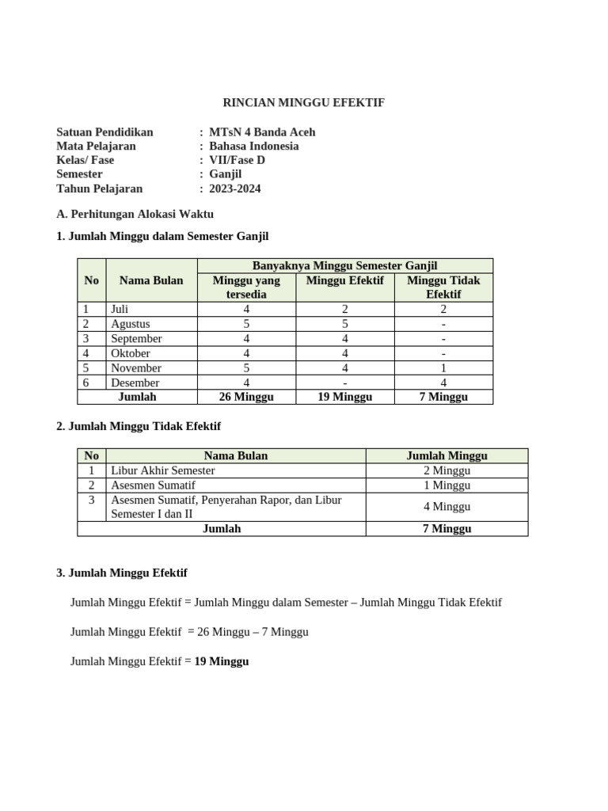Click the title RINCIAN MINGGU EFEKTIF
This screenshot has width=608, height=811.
[x=303, y=103]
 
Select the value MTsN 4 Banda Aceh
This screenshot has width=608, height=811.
[x=261, y=131]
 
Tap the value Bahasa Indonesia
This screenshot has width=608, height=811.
[x=253, y=146]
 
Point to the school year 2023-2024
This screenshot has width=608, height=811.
[x=234, y=188]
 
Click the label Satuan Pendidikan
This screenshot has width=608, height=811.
[x=105, y=131]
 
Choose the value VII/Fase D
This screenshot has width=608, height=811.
[x=237, y=160]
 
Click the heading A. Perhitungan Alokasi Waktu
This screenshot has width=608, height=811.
[x=135, y=214]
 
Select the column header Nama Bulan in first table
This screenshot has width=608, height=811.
[x=151, y=280]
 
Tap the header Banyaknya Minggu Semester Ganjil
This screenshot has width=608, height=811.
[x=344, y=265]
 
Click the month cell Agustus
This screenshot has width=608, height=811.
[x=131, y=324]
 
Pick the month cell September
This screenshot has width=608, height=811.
[x=136, y=338]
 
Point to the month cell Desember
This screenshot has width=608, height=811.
[x=135, y=383]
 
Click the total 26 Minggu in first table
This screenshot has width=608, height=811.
[x=246, y=397]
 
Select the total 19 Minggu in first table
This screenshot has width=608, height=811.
[x=344, y=397]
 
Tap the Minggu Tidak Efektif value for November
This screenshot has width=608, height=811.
[x=443, y=367]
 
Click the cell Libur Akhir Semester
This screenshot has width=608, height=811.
[x=163, y=470]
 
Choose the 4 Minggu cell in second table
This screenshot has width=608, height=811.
[x=446, y=507]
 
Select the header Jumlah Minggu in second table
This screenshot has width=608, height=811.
[x=446, y=455]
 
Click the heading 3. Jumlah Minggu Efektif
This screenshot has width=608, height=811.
[x=122, y=573]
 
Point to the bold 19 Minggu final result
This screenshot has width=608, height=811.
[x=222, y=661]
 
